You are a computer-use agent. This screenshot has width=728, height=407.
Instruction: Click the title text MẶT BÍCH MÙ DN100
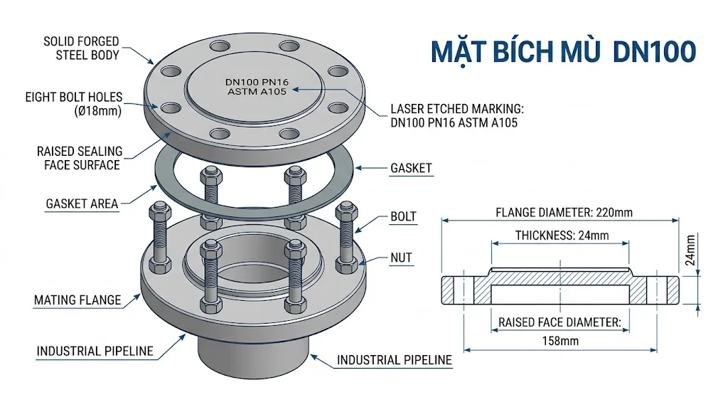tap(563, 53)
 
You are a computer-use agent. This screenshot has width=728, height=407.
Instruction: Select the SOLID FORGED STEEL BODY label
tap(81, 48)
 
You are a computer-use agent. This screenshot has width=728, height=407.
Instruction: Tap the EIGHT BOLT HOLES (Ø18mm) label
tap(74, 104)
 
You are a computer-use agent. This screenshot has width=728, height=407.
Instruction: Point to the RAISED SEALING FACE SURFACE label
tap(80, 158)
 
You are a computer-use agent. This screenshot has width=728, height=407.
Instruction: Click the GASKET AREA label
tap(82, 203)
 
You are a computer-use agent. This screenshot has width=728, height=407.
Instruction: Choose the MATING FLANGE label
tap(77, 300)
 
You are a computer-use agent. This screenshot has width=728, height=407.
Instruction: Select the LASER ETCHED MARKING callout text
tap(456, 116)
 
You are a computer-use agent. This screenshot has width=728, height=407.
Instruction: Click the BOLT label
tap(403, 216)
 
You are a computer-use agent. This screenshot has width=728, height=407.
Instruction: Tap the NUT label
tap(401, 258)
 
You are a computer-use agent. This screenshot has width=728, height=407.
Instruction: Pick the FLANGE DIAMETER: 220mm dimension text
tap(564, 212)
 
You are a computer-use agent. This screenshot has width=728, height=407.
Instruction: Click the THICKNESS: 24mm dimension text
tap(562, 236)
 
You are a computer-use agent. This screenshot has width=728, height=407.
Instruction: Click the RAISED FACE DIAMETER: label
tap(560, 322)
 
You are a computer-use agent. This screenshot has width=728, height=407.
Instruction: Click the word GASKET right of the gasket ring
tap(411, 169)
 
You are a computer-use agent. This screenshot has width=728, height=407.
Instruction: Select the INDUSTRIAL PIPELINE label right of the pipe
tap(394, 360)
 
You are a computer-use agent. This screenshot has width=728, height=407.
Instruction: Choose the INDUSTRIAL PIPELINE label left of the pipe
tap(95, 351)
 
